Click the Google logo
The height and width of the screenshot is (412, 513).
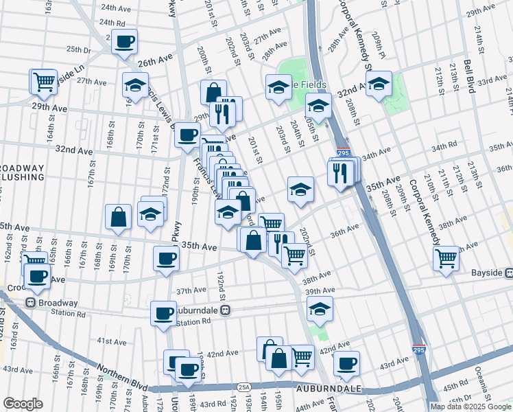(x=23, y=404)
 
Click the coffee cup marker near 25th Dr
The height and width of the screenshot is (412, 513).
(x=124, y=43)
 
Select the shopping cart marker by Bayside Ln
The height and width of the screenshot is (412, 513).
(x=43, y=82)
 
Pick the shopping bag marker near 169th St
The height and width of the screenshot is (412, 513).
(x=118, y=217)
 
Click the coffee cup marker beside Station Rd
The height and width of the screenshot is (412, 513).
(x=163, y=314)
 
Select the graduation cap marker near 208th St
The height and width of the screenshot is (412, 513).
(x=378, y=84)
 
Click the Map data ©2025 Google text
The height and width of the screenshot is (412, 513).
(x=470, y=407)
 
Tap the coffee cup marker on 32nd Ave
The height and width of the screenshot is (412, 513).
(x=187, y=135)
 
